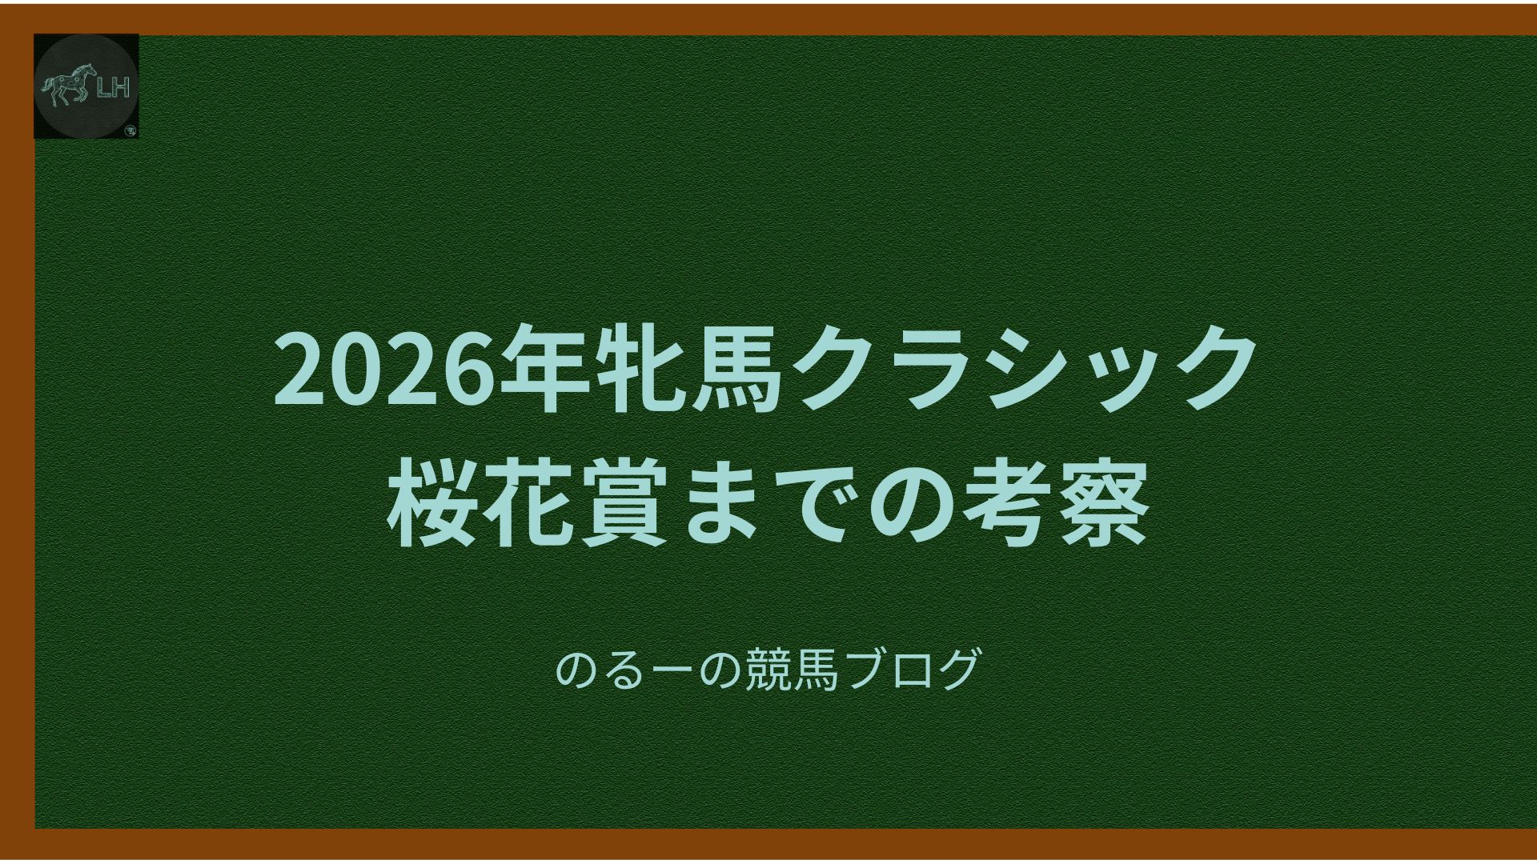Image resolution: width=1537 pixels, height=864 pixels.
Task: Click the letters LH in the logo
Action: click(x=113, y=88)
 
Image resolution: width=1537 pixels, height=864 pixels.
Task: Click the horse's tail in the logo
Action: click(x=48, y=85)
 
